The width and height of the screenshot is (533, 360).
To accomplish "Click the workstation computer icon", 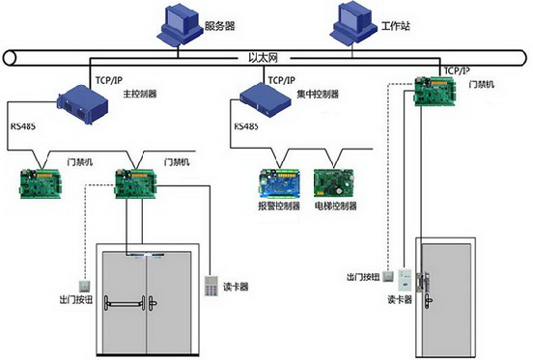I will tap(351, 24).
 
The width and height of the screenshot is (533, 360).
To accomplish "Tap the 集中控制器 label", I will tap(317, 95).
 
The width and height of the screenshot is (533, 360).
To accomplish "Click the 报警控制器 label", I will tap(280, 206).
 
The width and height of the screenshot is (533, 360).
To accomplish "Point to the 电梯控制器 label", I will tap(337, 206).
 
